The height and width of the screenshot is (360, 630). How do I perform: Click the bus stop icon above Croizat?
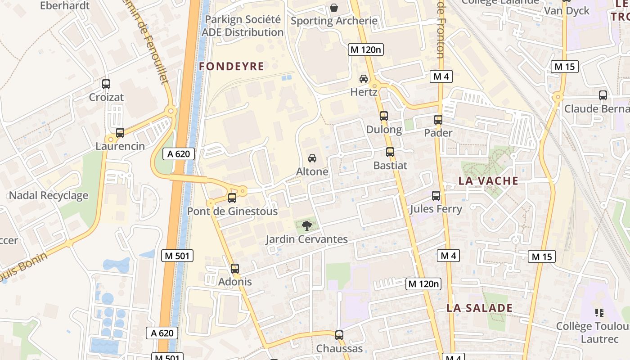point(106,84)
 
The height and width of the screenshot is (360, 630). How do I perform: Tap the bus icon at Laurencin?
point(120,133)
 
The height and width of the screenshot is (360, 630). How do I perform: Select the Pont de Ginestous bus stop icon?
point(232,198)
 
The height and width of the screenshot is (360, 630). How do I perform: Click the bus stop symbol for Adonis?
point(235,269)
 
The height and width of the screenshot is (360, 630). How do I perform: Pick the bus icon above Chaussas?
point(339,335)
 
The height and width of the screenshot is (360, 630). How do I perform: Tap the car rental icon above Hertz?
point(364,79)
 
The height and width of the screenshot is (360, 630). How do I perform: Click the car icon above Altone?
point(312,158)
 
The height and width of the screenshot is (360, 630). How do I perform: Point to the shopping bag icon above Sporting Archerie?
point(334,8)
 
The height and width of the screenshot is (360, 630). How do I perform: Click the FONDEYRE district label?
point(231,67)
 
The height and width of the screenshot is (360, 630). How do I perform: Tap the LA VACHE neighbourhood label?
point(488,181)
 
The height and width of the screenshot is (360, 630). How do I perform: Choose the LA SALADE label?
point(480,308)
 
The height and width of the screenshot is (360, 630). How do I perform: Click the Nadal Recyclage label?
point(49,196)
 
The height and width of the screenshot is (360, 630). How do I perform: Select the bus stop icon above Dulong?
point(384,116)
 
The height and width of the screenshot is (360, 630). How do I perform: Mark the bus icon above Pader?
point(438,120)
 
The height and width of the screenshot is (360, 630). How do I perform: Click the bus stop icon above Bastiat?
point(390,152)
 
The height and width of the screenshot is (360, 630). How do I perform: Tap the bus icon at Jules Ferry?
point(436,196)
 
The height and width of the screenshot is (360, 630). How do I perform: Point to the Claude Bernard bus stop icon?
point(603,95)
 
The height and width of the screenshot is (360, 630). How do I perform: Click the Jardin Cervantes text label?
point(306,239)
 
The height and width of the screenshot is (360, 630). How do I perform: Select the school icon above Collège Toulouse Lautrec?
point(599,312)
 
